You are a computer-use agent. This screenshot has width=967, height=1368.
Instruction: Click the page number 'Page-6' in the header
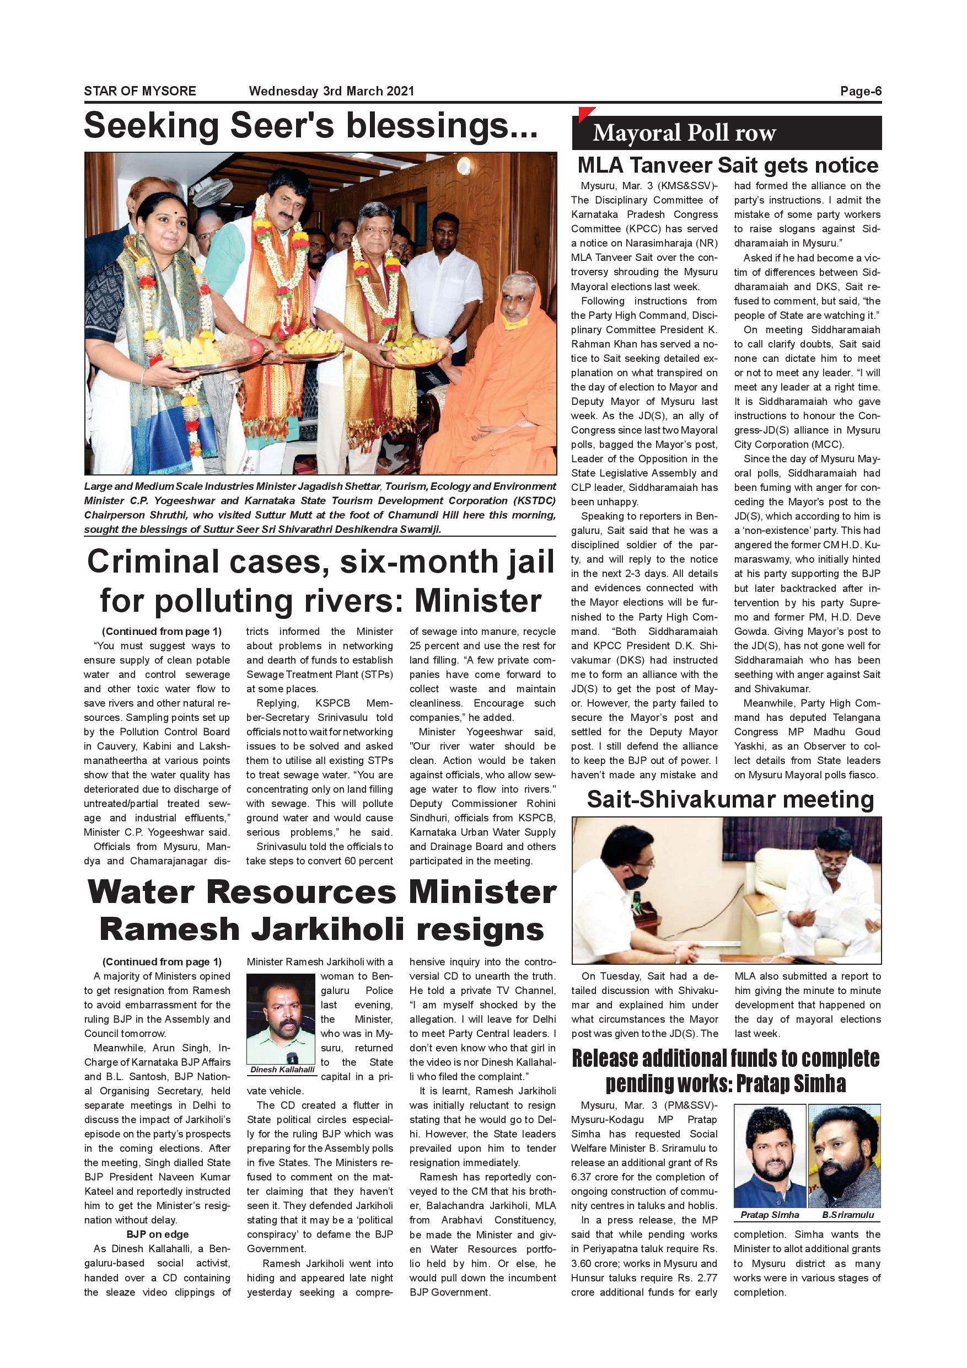(x=861, y=91)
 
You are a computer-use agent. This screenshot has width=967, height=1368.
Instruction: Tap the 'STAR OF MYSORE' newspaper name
(x=140, y=91)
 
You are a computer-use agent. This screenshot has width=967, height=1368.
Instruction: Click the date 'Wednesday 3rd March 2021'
(x=331, y=91)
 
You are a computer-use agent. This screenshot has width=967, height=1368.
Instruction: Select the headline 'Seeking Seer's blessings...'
(x=310, y=126)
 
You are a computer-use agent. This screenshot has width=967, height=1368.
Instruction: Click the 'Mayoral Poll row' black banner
(x=727, y=133)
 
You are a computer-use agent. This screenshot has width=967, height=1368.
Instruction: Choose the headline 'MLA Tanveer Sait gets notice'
(x=728, y=165)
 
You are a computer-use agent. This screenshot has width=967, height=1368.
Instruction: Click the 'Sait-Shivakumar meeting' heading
(x=730, y=800)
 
